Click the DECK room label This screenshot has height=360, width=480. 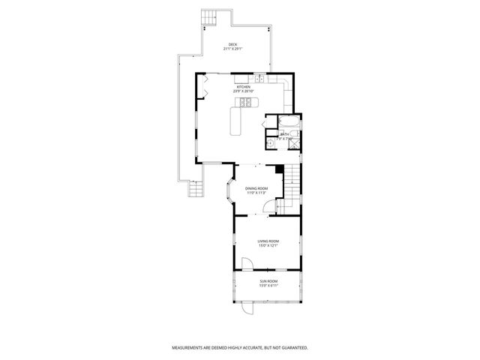pos(233,45)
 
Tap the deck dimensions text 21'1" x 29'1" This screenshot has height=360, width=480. pos(233,49)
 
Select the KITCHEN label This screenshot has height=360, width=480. pos(244,87)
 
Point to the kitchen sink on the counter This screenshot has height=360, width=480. pos(257,79)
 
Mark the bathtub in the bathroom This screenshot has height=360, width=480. pos(289,121)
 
